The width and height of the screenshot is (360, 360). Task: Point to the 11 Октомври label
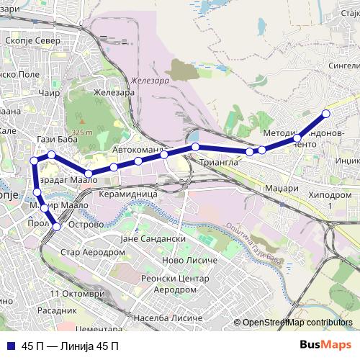(78, 294)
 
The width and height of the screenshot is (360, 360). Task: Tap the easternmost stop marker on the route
(325, 114)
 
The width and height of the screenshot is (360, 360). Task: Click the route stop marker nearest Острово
(57, 227)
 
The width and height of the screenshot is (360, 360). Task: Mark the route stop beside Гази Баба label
(52, 155)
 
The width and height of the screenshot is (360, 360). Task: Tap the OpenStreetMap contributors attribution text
(297, 323)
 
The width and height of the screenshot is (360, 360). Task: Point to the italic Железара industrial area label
(150, 81)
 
